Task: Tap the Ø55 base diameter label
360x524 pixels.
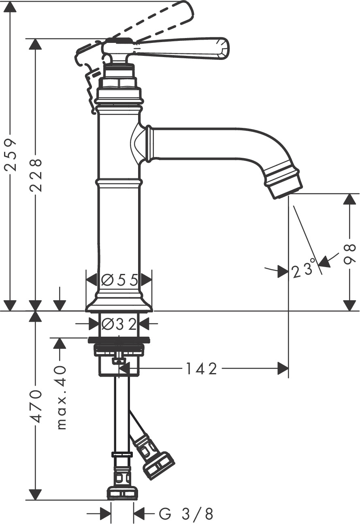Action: click(x=120, y=280)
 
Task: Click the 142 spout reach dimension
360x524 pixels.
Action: click(x=201, y=369)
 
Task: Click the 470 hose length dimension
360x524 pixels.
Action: click(x=36, y=406)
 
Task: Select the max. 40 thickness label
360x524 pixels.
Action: click(x=61, y=397)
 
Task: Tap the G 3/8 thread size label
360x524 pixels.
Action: click(x=186, y=514)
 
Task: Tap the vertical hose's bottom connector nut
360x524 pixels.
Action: click(x=122, y=493)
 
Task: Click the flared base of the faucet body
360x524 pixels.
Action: click(x=119, y=305)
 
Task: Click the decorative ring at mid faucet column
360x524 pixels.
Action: click(x=119, y=182)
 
